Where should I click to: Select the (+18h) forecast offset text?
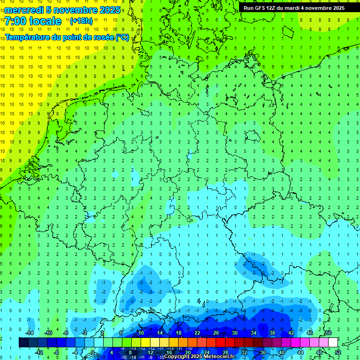click(81, 21)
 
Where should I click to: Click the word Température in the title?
click(28, 37)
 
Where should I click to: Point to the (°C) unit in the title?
click(122, 37)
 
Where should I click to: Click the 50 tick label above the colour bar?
click(328, 333)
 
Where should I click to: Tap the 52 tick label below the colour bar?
click(338, 352)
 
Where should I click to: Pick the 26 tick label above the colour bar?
click(216, 333)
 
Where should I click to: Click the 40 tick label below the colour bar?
click(281, 352)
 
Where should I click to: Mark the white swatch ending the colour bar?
click(333, 343)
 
